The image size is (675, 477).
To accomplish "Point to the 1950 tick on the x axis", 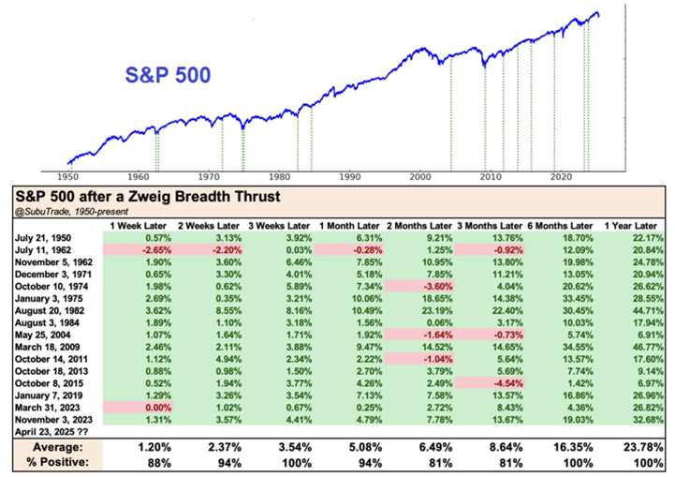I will [67, 176].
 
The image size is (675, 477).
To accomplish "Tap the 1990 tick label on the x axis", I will [349, 176].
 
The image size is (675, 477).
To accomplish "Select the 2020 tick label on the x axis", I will [560, 176].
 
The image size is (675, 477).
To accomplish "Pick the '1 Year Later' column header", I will [634, 226].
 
